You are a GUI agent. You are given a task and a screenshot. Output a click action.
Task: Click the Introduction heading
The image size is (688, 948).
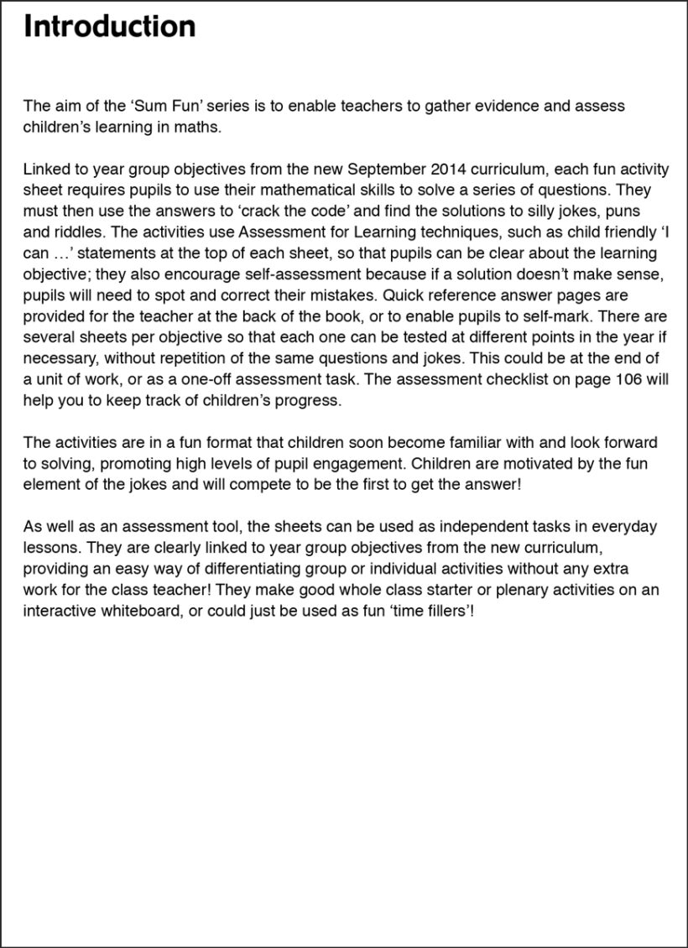click(x=110, y=27)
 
